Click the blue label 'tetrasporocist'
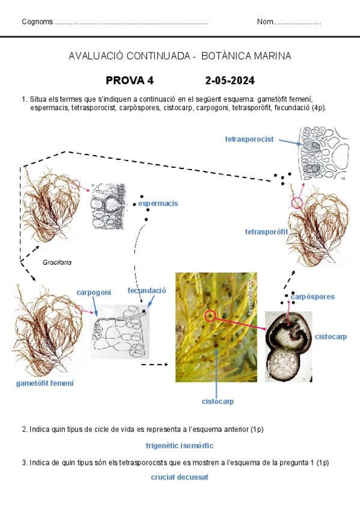249,139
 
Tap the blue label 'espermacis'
158,203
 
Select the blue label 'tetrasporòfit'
266,232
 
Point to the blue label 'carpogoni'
94,292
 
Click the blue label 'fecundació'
147,290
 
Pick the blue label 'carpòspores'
313,296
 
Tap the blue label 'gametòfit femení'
45,383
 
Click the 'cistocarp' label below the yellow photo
218,401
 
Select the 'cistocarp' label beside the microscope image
331,337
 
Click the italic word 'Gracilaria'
57,262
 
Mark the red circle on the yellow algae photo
210,315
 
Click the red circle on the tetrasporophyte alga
297,203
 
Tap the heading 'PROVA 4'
130,81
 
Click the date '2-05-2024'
230,81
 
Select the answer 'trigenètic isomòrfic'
180,446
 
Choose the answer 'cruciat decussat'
180,477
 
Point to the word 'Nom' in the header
265,22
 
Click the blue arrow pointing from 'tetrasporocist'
291,142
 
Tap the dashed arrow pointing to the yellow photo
155,364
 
